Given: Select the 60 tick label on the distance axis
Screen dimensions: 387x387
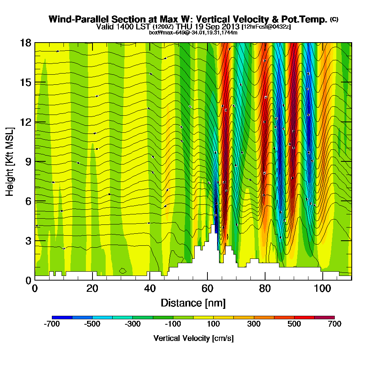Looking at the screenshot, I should click(207, 289).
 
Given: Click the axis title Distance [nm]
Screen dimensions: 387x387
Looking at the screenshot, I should click(193, 303).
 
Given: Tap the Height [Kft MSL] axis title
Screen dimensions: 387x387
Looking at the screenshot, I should click(10, 161).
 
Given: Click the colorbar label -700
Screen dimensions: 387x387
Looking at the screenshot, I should click(52, 324).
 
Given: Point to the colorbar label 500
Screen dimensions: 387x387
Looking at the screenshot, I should click(295, 324).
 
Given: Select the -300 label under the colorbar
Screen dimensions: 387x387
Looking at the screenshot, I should click(133, 324).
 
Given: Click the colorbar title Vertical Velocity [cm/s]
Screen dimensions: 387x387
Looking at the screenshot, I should click(193, 338).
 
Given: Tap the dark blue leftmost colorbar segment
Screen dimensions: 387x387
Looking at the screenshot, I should click(62, 317).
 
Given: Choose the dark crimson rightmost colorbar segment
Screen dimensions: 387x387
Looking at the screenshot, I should click(324, 317).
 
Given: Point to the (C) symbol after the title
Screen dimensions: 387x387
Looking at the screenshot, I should click(334, 19).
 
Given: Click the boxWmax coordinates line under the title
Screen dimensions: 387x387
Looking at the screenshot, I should click(193, 33).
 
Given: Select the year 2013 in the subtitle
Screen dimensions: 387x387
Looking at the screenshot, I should click(228, 27).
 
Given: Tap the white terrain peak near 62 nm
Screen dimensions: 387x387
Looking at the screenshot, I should click(212, 232).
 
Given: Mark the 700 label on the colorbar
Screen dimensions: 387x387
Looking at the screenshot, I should click(335, 324).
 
